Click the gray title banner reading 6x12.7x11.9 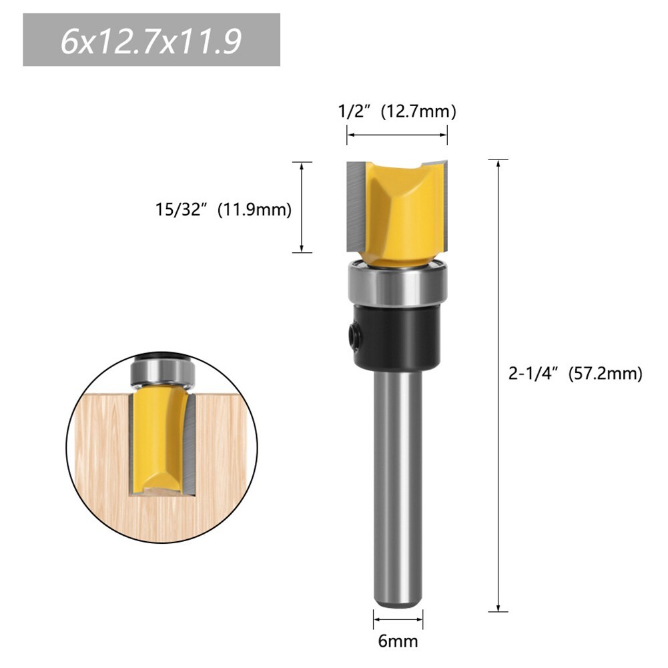click(x=151, y=40)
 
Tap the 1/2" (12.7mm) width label click(x=396, y=111)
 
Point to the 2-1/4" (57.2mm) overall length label click(x=575, y=374)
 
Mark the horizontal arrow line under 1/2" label click(x=396, y=135)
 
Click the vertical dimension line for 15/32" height click(x=302, y=207)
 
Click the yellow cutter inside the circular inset click(x=157, y=440)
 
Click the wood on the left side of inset click(x=100, y=454)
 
